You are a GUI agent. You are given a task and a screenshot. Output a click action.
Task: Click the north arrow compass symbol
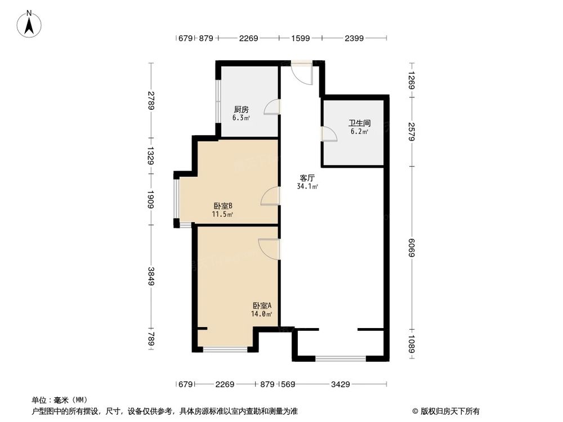[29, 24]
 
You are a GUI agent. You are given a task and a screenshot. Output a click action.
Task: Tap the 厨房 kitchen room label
[241, 109]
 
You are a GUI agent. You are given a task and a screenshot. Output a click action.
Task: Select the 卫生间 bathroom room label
[359, 123]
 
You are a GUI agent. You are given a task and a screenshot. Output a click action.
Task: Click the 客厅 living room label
[307, 178]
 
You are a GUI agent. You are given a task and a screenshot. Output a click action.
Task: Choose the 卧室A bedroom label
[262, 306]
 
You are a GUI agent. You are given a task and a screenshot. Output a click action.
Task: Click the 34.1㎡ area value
[307, 186]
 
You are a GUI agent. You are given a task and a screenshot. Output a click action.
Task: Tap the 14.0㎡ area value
[261, 314]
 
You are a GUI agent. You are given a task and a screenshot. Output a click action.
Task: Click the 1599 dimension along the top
[301, 38]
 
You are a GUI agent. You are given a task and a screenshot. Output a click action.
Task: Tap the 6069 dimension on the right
[412, 248]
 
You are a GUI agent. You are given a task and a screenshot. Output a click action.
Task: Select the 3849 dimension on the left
[150, 276]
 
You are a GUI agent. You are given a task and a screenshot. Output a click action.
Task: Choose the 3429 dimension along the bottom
[341, 384]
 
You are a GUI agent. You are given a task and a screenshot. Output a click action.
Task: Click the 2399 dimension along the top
[354, 38]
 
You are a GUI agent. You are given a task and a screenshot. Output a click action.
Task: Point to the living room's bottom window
[341, 358]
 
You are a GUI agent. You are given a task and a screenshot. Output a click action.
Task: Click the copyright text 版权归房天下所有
[449, 411]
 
